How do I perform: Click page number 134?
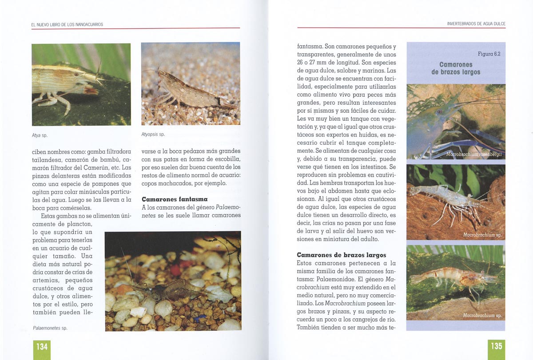tap(42, 346)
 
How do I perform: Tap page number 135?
tap(496, 346)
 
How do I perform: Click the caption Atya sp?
tap(40, 135)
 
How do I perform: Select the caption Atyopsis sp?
tap(153, 134)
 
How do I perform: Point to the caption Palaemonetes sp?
tap(50, 328)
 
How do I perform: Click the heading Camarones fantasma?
tap(175, 199)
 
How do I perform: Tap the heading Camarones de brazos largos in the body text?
tap(341, 255)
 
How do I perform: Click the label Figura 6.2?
tap(489, 54)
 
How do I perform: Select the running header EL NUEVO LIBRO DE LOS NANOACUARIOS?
tap(67, 24)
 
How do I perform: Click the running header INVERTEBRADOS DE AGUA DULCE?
tap(476, 24)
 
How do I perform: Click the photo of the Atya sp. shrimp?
tap(81, 84)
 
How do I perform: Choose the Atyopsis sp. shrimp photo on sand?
tap(191, 83)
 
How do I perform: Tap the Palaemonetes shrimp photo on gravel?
tap(173, 281)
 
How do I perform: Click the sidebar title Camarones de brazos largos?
tap(456, 68)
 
